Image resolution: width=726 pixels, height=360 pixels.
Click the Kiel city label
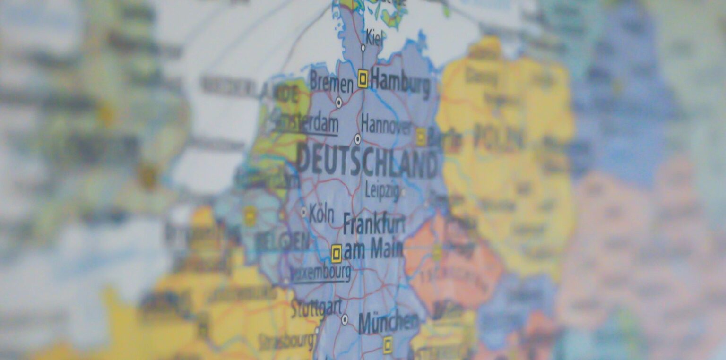pyautogui.click(x=375, y=38)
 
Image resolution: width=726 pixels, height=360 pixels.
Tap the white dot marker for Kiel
pyautogui.click(x=363, y=48)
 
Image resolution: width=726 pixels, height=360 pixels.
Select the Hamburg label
pyautogui.click(x=400, y=83)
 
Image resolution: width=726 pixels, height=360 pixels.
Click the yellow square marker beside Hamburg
pyautogui.click(x=363, y=78)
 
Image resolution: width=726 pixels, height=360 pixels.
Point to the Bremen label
pyautogui.click(x=331, y=83)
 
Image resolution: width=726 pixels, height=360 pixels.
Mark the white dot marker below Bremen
pyautogui.click(x=338, y=102)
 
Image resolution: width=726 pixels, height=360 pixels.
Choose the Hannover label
pyautogui.click(x=386, y=124)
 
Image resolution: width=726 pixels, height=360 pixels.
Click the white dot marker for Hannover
pyautogui.click(x=357, y=139)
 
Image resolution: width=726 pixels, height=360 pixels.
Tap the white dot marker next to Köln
pyautogui.click(x=303, y=212)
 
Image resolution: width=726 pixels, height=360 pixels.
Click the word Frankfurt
pyautogui.click(x=374, y=224)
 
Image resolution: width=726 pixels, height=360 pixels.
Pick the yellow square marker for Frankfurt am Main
pyautogui.click(x=336, y=253)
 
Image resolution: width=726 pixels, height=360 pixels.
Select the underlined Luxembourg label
pyautogui.click(x=320, y=273)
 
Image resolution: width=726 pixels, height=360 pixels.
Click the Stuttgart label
pyautogui.click(x=316, y=308)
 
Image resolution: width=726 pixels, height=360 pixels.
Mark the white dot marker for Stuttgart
pyautogui.click(x=345, y=319)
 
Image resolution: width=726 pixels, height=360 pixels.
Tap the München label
pyautogui.click(x=388, y=323)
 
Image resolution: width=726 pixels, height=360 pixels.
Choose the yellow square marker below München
pyautogui.click(x=388, y=344)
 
